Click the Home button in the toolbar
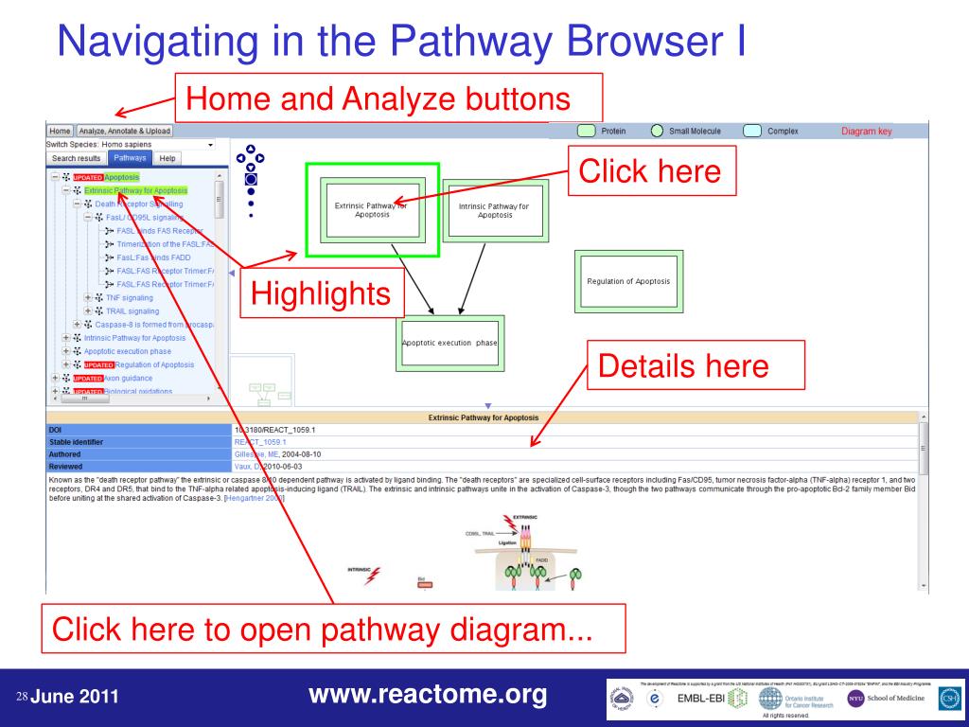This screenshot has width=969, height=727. coord(60,131)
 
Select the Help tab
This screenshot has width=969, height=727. coord(167,158)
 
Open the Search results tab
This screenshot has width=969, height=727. coord(77,158)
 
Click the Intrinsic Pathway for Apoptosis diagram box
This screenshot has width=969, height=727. coord(494,209)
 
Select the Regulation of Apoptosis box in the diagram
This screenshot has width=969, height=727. coord(628,281)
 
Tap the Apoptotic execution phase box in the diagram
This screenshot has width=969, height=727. coord(449,344)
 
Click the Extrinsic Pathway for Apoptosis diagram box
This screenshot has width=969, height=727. coord(372,209)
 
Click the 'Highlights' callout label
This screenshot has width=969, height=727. coord(321,293)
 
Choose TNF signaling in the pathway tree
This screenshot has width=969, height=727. coord(129,297)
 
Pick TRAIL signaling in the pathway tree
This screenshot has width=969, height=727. coord(132,310)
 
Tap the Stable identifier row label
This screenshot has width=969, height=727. coord(76,441)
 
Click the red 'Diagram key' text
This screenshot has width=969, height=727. coord(866,132)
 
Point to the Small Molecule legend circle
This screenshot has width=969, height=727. coord(657,132)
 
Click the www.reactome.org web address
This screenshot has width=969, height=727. coord(429,697)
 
